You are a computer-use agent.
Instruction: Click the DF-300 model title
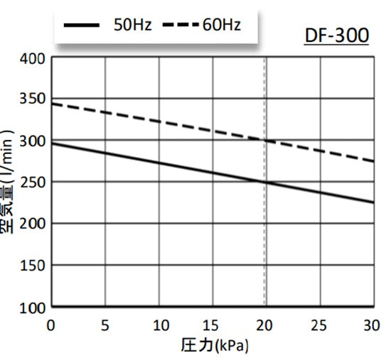[336, 35]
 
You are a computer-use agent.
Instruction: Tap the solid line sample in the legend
[82, 26]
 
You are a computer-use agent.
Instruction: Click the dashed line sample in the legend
[178, 26]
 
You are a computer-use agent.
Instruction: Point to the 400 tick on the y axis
[33, 58]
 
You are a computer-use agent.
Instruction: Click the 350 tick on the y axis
[33, 99]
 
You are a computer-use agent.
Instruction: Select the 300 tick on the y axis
[33, 141]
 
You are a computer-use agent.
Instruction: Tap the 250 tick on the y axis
[33, 182]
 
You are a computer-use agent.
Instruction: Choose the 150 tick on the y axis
[33, 265]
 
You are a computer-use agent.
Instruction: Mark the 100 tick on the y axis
[33, 307]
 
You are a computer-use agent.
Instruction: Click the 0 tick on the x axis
[51, 325]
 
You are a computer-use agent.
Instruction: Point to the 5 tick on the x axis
[105, 325]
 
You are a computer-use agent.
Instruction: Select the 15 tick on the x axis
[211, 325]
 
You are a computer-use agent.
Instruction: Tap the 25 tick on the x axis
[319, 325]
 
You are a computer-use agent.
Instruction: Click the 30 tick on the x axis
[371, 325]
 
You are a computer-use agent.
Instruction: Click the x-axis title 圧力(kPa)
[215, 347]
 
